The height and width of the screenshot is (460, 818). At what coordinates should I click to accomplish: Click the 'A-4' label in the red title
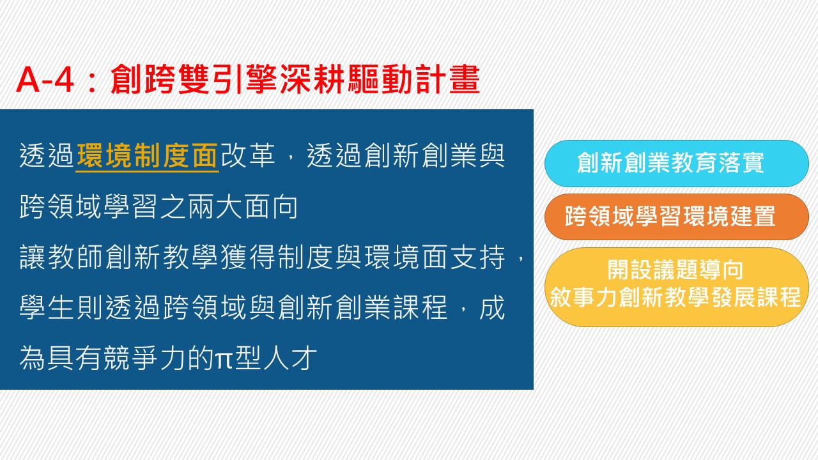tap(45, 80)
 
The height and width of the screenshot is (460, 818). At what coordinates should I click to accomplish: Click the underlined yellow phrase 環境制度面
tap(148, 156)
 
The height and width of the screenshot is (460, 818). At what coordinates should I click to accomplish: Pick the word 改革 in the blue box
tap(248, 156)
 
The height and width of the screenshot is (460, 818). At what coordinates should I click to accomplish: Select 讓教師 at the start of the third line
tap(61, 257)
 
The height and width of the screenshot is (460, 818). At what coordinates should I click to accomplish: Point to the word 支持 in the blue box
tap(478, 257)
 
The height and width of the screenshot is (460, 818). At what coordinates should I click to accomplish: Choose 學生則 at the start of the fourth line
tap(61, 308)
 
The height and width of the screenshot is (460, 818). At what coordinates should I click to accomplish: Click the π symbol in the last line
tap(224, 360)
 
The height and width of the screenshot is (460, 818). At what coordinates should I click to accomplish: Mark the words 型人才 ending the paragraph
tap(276, 358)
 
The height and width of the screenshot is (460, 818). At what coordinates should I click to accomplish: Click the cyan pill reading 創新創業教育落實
tap(676, 163)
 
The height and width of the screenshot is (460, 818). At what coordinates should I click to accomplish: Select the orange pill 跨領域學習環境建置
tap(676, 217)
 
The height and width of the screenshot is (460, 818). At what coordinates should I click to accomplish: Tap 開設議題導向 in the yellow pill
tap(675, 270)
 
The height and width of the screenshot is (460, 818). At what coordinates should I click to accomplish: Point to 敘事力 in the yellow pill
tap(584, 298)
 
